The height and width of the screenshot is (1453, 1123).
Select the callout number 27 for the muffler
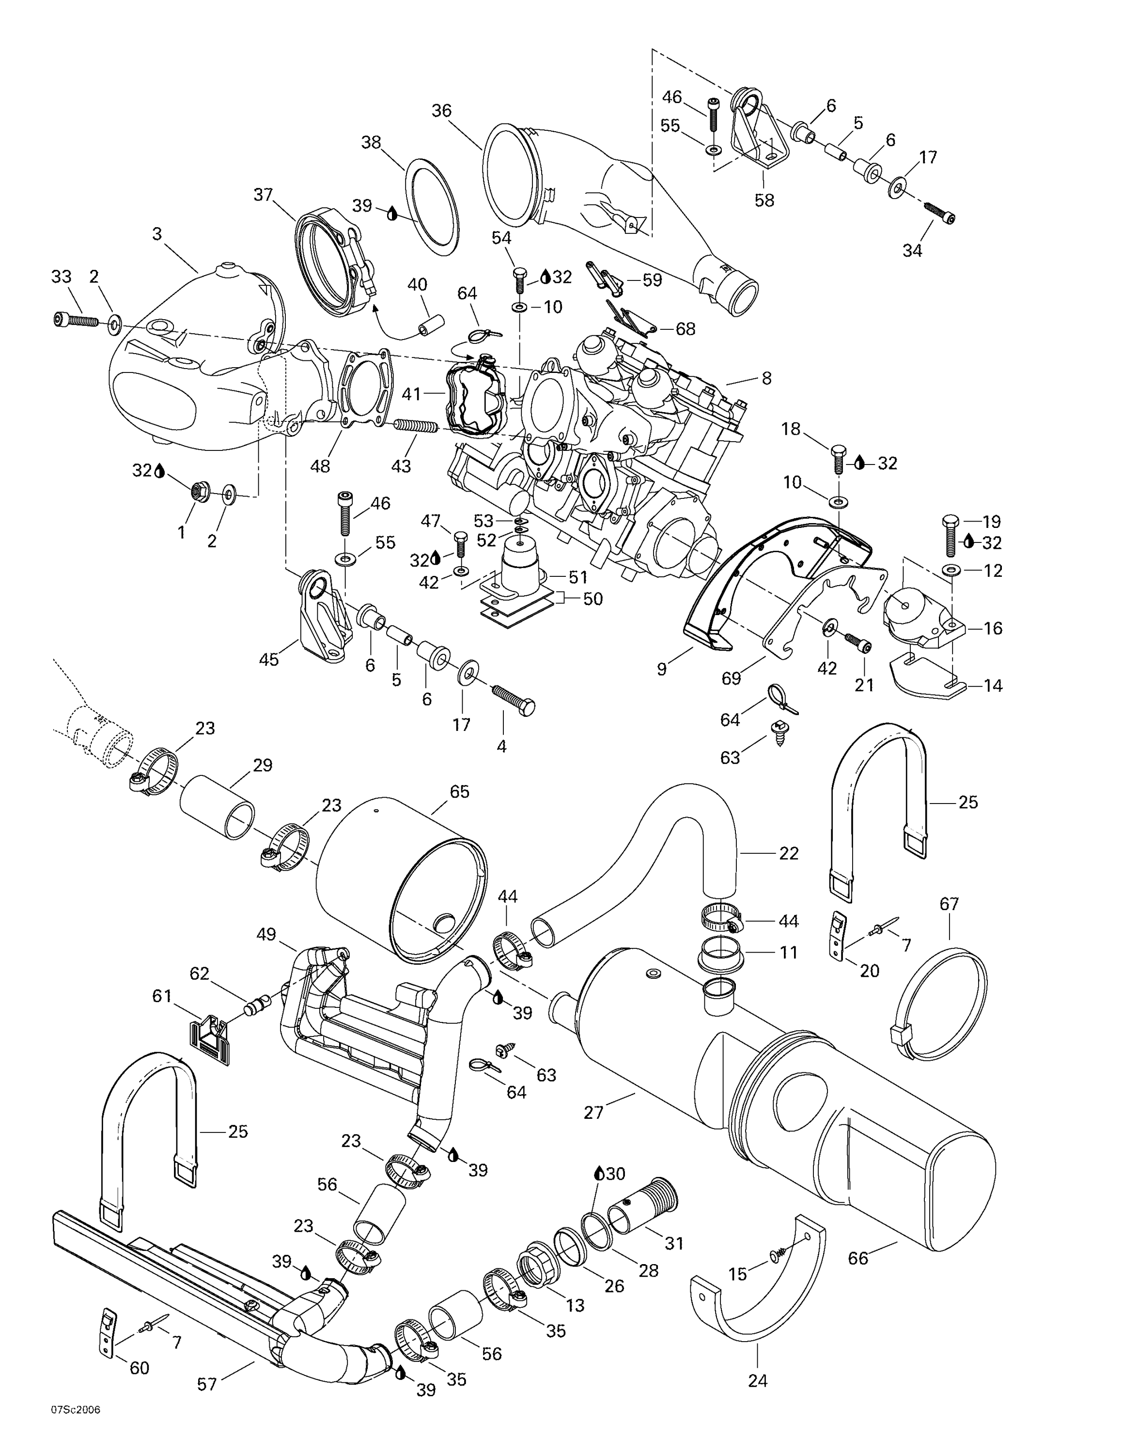pos(593,1112)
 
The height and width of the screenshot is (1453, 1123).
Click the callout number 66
pos(858,1258)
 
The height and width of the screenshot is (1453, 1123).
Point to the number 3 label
pos(157,233)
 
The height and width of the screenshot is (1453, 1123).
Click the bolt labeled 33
pos(75,321)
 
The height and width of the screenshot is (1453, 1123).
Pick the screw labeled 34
pos(939,215)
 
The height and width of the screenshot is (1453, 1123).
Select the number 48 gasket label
pos(320,466)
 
